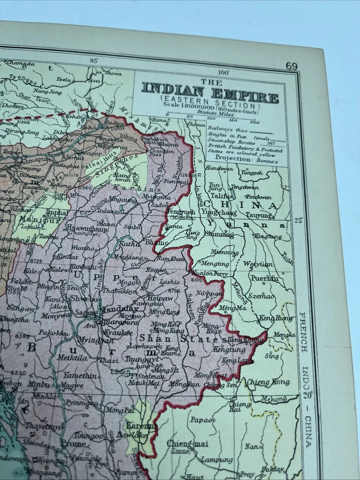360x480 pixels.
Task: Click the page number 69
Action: [x=292, y=66]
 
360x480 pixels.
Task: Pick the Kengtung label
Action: [x=230, y=350]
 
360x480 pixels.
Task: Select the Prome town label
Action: [x=73, y=443]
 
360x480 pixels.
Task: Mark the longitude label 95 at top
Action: [x=93, y=60]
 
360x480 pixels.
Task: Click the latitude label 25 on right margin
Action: [x=298, y=220]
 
